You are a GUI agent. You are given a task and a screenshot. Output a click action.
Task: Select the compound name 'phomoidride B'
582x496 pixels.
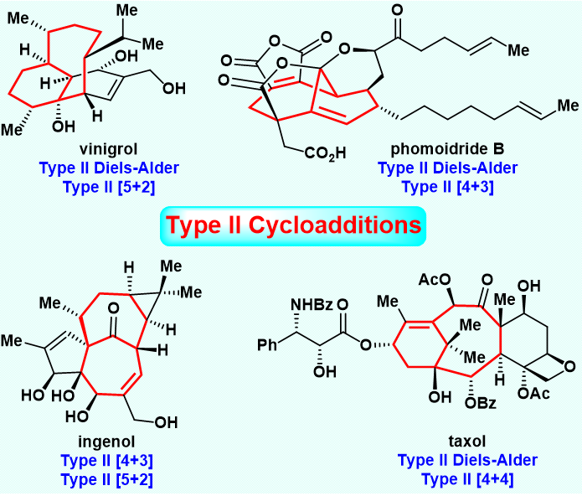click(x=446, y=151)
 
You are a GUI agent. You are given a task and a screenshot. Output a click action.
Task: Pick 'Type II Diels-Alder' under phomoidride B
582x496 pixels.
click(x=446, y=168)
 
